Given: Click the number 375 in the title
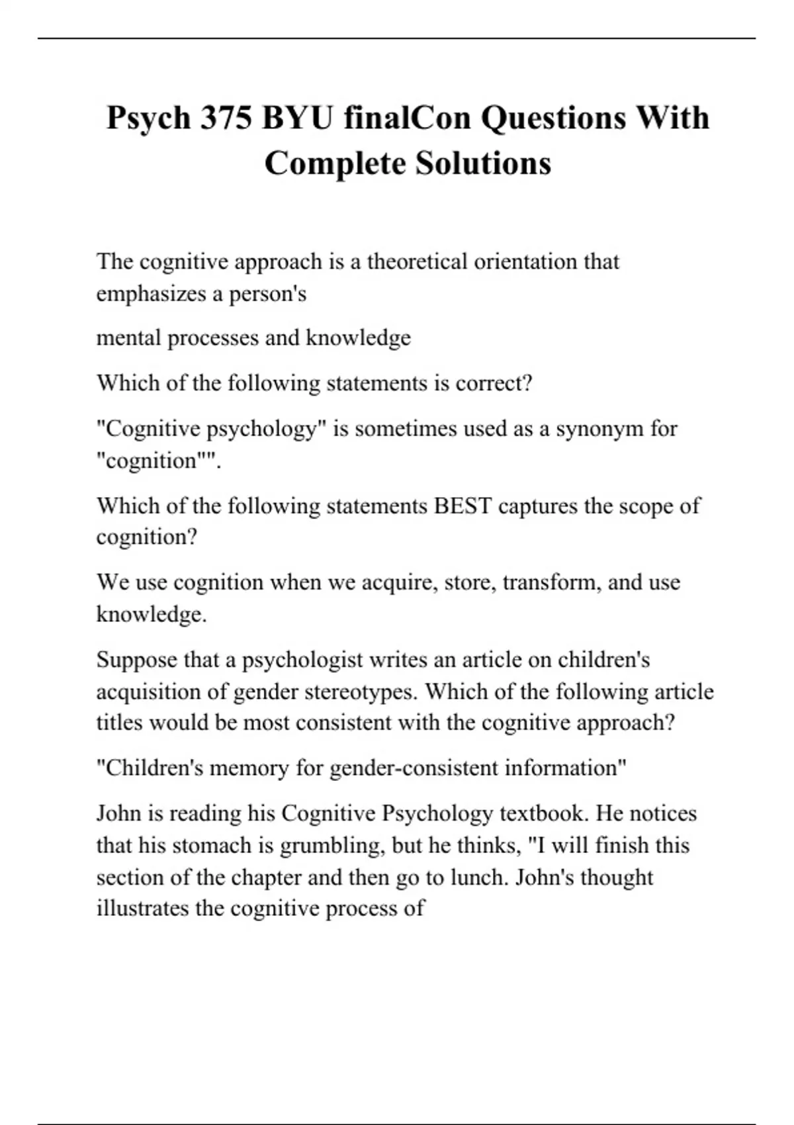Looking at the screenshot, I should click(x=226, y=118).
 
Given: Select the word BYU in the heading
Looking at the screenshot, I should click(x=298, y=118).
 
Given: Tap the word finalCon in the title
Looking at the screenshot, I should click(x=407, y=118).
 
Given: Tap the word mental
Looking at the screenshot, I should click(x=128, y=338).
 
